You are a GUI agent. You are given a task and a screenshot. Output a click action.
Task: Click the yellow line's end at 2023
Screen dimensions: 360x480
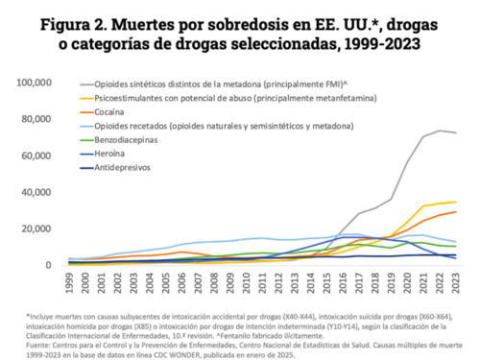point(452,202)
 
